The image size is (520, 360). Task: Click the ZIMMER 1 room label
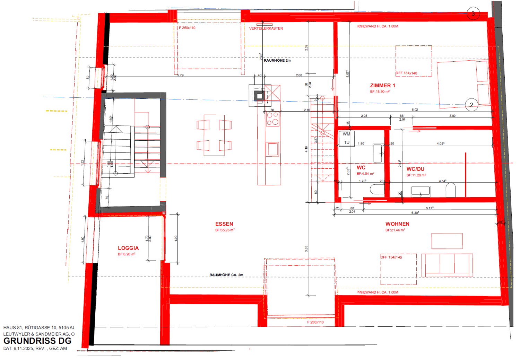382,85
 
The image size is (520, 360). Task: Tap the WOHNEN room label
397,224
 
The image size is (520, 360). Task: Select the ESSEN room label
224,224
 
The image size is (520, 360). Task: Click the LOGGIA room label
128,248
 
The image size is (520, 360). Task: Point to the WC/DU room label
415,169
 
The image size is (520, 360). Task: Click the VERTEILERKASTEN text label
266,28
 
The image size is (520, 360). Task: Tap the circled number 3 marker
473,14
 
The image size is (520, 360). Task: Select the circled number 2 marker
471,105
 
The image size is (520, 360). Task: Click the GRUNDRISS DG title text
37,341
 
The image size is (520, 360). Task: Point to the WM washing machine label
346,134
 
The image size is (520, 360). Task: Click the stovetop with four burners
272,119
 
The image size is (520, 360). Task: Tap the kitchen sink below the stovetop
272,149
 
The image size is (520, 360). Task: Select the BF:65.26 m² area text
225,230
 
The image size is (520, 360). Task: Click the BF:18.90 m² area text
380,92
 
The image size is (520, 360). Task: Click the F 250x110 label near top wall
187,28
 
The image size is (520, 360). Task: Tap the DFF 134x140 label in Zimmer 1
407,73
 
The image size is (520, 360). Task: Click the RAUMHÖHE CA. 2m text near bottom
226,275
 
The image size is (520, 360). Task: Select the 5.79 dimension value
180,75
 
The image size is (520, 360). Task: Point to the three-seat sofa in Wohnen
447,265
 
